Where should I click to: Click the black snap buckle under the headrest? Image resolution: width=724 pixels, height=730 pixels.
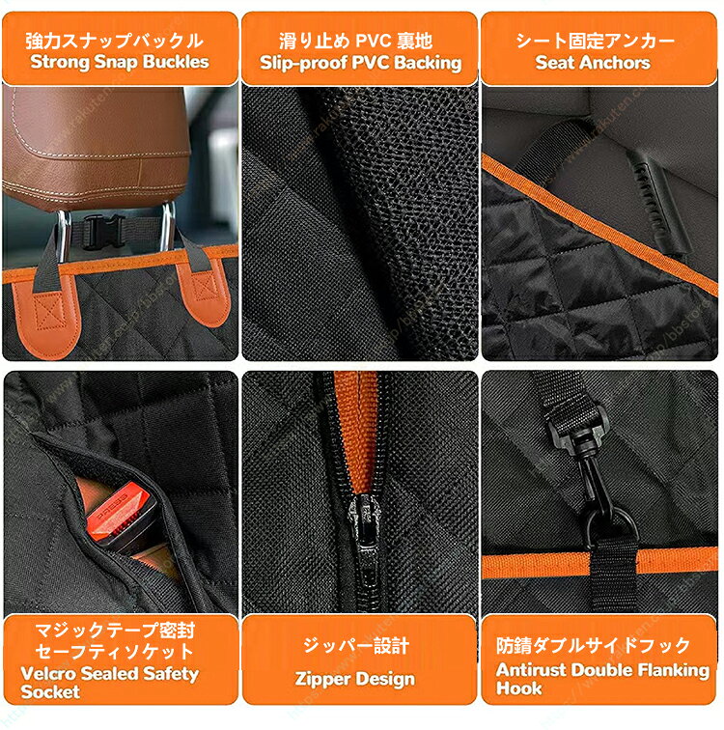click(103, 231)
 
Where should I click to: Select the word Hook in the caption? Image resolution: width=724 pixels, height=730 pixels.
click(518, 688)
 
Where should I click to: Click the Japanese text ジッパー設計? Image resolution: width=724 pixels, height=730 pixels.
click(356, 646)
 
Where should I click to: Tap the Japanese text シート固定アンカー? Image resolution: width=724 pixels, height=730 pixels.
click(595, 41)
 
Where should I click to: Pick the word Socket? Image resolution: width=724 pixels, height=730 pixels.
click(50, 691)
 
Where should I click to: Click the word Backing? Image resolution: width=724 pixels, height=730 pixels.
click(428, 63)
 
